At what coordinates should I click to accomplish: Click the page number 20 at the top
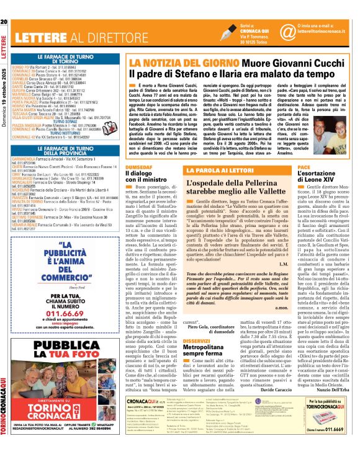[x=4, y=6]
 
